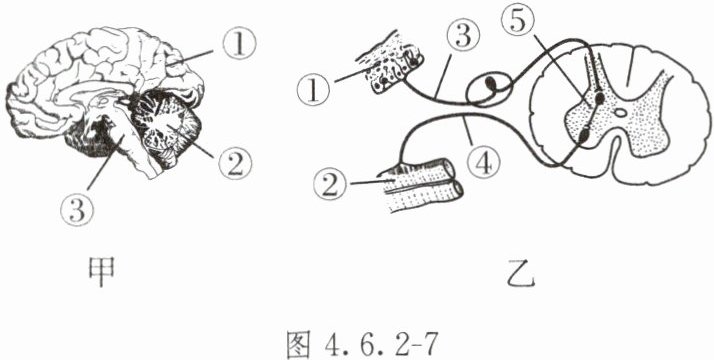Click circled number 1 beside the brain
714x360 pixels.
239,43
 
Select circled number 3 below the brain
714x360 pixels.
77,209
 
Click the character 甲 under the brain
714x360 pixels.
101,272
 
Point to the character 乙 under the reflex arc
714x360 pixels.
521,274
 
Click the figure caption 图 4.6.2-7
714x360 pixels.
363,345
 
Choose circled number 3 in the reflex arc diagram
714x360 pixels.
464,36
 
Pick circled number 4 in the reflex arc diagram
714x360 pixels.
483,162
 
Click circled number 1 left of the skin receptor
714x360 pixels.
314,88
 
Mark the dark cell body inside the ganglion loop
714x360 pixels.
491,84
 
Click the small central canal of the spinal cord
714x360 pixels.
620,112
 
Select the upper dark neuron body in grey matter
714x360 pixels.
600,97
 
